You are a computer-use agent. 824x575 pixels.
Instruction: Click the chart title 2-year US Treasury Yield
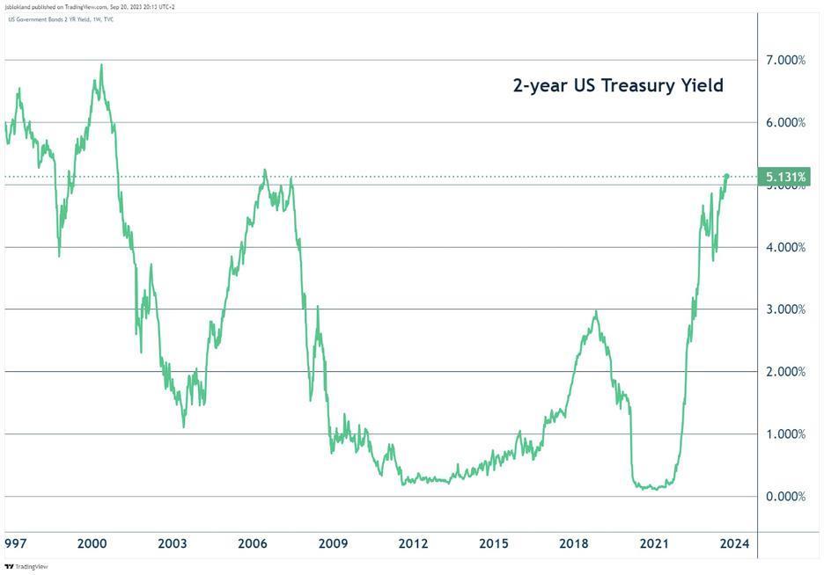(618, 86)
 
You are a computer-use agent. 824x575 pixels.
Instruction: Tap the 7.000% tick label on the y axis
(785, 60)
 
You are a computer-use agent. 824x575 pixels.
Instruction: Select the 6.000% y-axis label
(785, 122)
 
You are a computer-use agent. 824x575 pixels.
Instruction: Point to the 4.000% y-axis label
(785, 247)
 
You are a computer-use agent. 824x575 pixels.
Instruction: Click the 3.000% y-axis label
(785, 309)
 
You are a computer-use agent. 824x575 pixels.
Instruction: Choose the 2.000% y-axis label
(785, 372)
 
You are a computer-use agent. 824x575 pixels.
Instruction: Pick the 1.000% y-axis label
(785, 434)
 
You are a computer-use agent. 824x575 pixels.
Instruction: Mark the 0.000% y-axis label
(785, 497)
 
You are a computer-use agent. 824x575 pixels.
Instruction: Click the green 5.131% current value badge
(785, 178)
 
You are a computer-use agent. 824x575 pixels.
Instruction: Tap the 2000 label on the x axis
(92, 544)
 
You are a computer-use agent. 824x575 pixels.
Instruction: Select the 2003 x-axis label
(173, 544)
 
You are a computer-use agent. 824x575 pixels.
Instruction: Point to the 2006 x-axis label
(253, 544)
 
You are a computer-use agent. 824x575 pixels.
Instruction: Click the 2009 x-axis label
(333, 544)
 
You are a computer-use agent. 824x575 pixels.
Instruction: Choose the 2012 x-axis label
(413, 544)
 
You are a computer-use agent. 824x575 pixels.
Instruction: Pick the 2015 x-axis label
(493, 544)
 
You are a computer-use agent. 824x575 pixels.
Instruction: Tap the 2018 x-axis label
(574, 544)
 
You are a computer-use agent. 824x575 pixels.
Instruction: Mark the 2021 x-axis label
(654, 544)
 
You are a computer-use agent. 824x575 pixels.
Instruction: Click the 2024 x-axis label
(733, 544)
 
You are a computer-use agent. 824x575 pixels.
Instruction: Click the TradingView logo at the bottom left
(26, 567)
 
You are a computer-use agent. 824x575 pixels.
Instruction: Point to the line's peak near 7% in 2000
(101, 64)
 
